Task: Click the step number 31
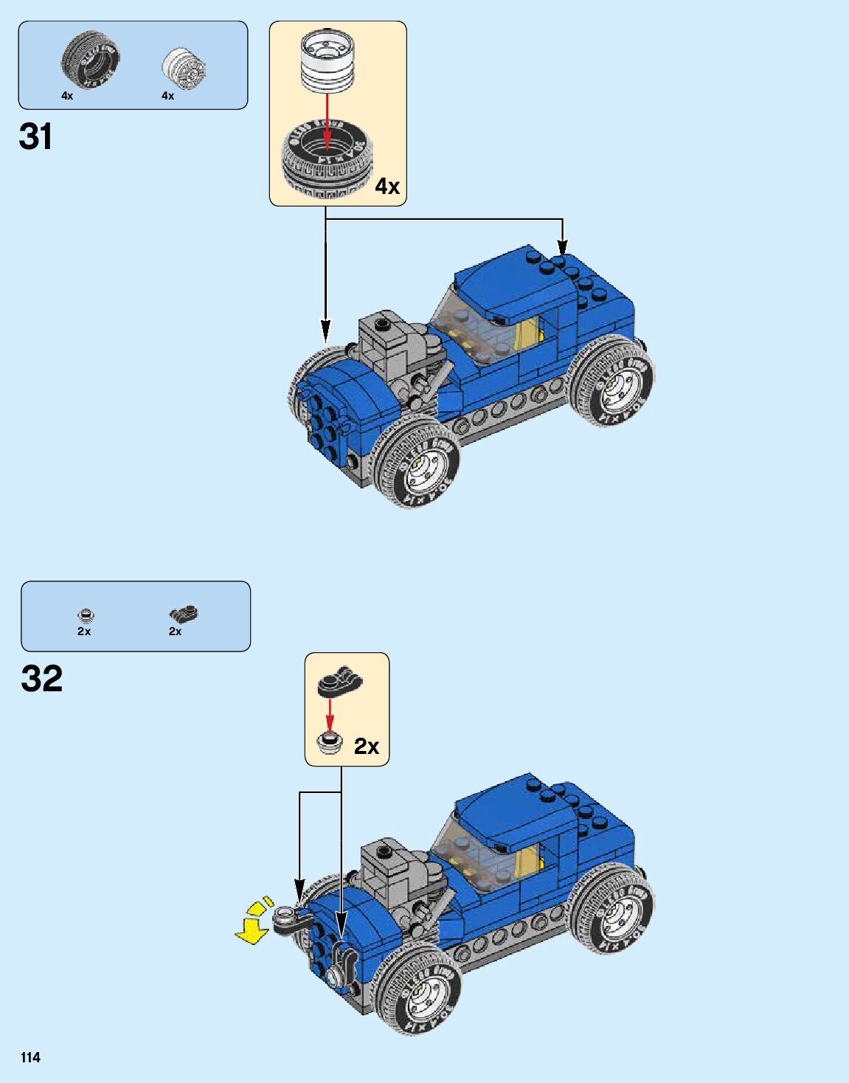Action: pyautogui.click(x=35, y=137)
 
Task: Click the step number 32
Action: pyautogui.click(x=42, y=679)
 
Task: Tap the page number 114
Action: pyautogui.click(x=30, y=1057)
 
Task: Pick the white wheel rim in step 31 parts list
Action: pyautogui.click(x=183, y=69)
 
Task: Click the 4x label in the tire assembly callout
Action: pyautogui.click(x=387, y=187)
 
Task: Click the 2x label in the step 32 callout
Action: pyautogui.click(x=366, y=747)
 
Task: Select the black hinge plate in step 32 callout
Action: pyautogui.click(x=340, y=682)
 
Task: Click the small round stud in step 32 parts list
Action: pyautogui.click(x=86, y=615)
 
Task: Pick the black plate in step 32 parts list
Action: pyautogui.click(x=183, y=613)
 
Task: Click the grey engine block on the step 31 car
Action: pyautogui.click(x=387, y=339)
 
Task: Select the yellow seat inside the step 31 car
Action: pyautogui.click(x=528, y=333)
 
